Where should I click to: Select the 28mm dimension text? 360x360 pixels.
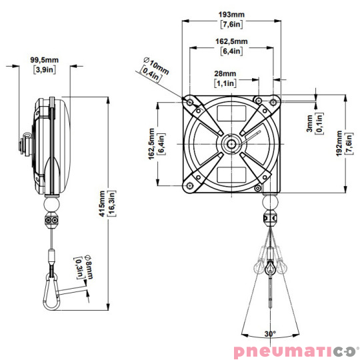(225, 73)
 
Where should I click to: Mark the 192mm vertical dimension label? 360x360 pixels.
(339, 143)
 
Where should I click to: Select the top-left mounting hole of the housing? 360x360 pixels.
(191, 101)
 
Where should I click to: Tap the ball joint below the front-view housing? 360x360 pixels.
(270, 201)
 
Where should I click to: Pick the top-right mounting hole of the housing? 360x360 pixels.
(273, 101)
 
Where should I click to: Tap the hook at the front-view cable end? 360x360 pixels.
(269, 269)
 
